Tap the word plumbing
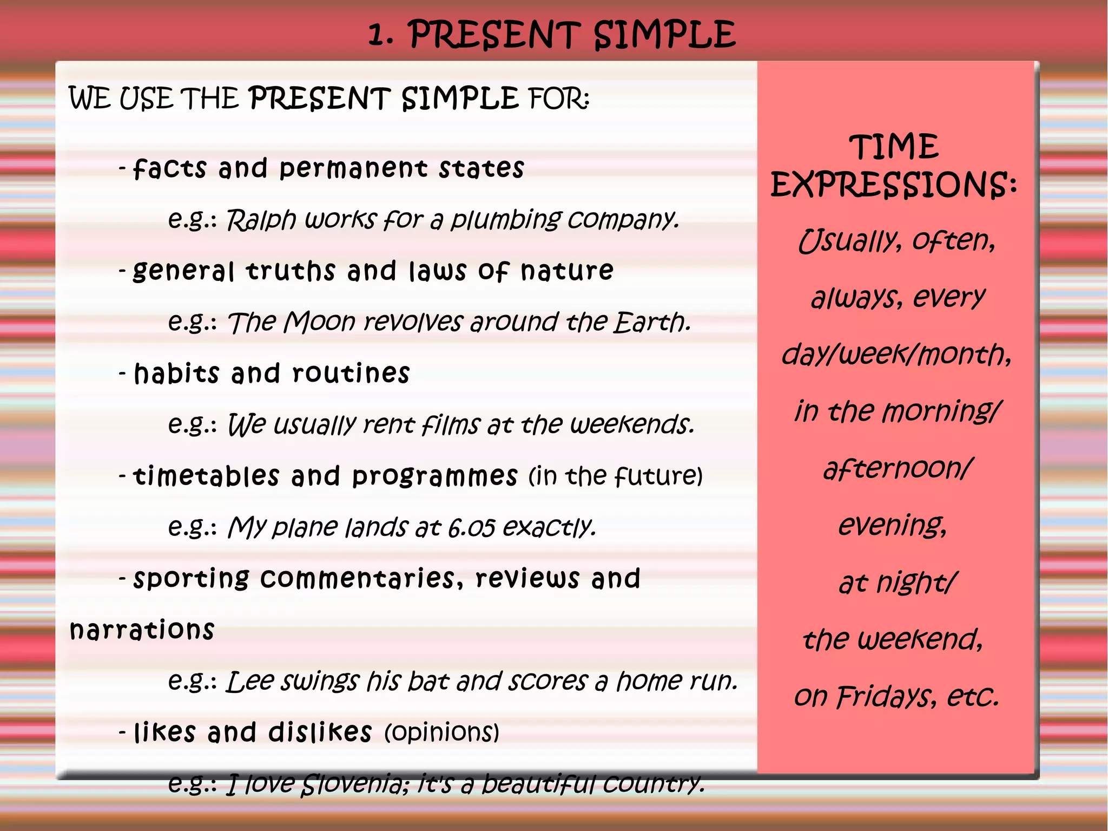click(506, 220)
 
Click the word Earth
click(651, 322)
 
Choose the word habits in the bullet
click(176, 374)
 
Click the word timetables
click(206, 476)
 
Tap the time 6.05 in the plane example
click(471, 527)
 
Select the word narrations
click(142, 630)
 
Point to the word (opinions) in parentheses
click(441, 732)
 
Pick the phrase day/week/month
click(896, 355)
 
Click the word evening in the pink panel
click(892, 525)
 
